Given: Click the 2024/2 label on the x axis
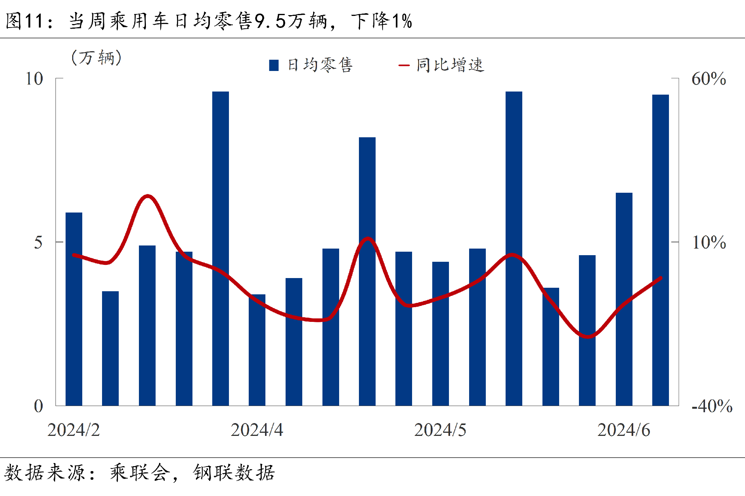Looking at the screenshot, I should pyautogui.click(x=73, y=430).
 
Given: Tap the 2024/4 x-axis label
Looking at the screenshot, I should pyautogui.click(x=257, y=430).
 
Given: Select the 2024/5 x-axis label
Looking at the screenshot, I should pyautogui.click(x=440, y=430).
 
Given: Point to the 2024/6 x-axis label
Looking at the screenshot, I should pyautogui.click(x=624, y=430).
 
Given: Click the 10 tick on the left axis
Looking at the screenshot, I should pyautogui.click(x=34, y=79).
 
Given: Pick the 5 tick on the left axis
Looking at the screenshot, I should pyautogui.click(x=38, y=242).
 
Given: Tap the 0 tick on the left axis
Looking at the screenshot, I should pyautogui.click(x=38, y=406).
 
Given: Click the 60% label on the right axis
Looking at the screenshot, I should pyautogui.click(x=709, y=79).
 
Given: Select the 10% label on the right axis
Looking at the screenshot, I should pyautogui.click(x=709, y=242).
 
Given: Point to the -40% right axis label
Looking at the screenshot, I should pyautogui.click(x=712, y=406).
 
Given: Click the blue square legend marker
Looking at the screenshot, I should pyautogui.click(x=274, y=65).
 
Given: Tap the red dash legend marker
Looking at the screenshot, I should pyautogui.click(x=404, y=65).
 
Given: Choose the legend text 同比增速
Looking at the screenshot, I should pyautogui.click(x=450, y=65).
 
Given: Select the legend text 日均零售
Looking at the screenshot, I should pyautogui.click(x=320, y=65).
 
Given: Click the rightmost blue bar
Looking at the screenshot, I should pyautogui.click(x=660, y=250).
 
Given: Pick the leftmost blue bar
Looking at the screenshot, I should pyautogui.click(x=74, y=309).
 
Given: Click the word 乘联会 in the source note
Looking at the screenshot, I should pyautogui.click(x=140, y=473).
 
